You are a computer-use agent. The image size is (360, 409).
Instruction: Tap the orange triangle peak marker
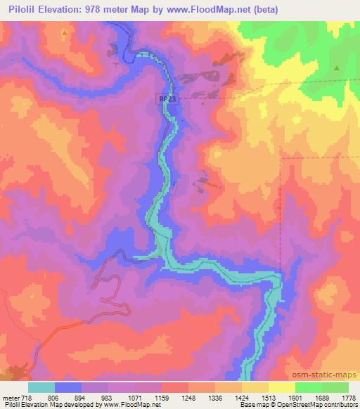click(x=65, y=33)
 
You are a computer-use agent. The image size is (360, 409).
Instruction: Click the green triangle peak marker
click(x=337, y=68)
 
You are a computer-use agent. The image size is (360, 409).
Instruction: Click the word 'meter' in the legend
click(x=9, y=398)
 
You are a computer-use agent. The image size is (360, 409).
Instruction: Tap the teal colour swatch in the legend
click(x=41, y=387)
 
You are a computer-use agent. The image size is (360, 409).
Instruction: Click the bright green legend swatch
click(x=309, y=387)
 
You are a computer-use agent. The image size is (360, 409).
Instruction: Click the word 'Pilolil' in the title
click(x=20, y=10)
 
